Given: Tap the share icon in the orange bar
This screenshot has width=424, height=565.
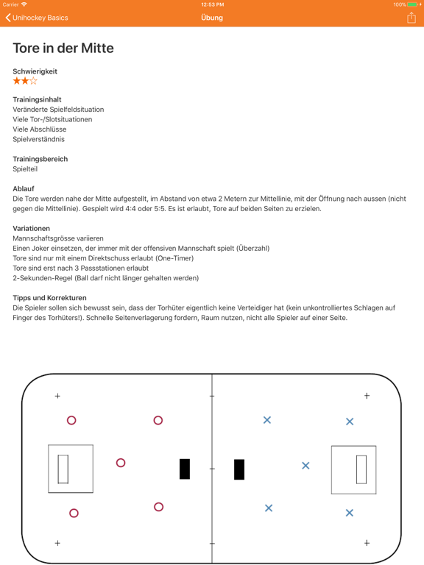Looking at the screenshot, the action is (411, 18).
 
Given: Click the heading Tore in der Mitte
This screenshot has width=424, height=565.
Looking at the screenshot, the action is (63, 49).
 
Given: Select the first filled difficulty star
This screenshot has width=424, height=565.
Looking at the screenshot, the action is (17, 81).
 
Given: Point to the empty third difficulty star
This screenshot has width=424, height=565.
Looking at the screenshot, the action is (33, 81).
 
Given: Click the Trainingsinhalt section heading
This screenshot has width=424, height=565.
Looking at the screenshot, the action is (37, 99).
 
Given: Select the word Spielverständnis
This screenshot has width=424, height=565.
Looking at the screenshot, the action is (38, 139).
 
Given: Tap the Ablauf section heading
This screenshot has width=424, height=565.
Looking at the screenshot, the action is (24, 189).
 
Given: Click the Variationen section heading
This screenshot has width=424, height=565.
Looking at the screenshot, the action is (31, 229).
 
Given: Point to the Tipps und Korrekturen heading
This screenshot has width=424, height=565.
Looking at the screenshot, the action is (49, 298).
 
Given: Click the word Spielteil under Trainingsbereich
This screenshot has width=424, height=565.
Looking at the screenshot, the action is (25, 169).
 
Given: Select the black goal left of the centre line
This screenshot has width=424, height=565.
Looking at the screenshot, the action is (185, 469).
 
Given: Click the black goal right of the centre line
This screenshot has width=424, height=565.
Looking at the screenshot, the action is (239, 469).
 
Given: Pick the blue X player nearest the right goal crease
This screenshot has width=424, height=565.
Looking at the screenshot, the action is (305, 466).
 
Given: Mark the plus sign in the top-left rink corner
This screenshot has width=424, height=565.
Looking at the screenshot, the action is (57, 397).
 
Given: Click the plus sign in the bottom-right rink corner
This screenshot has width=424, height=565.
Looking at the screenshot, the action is (367, 543).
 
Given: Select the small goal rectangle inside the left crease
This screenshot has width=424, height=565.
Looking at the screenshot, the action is (63, 469).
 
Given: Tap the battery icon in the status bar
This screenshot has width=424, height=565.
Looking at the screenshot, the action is (411, 4).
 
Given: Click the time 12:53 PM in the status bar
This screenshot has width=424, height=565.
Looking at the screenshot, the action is (212, 4).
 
